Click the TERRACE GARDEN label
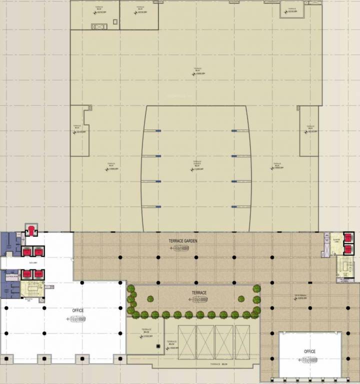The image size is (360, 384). point(183,241)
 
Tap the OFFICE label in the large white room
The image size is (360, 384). point(78,310)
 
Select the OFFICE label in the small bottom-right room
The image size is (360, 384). point(309,351)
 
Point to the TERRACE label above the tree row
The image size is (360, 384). point(199,292)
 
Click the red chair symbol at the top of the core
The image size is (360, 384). point(31,230)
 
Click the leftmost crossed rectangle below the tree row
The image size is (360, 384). point(187,342)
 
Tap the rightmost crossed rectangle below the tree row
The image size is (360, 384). point(242,342)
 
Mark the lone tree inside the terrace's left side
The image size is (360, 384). point(150,298)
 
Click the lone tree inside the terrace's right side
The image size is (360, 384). point(241,298)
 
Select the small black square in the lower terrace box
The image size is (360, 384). point(158,346)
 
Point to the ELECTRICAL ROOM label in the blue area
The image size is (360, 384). point(11,275)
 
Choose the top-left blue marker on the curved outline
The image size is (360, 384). point(158,131)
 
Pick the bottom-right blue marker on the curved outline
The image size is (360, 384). point(233,206)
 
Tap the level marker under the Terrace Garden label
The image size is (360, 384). point(178,247)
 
